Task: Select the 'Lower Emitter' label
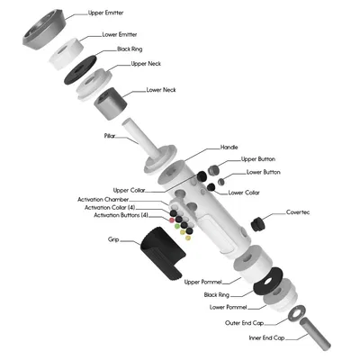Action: coord(120,34)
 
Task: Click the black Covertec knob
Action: coord(262,220)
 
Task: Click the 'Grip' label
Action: coord(113,240)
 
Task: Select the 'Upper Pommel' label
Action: coord(204,282)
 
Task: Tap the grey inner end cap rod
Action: coord(316,329)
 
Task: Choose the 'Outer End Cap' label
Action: coord(245,322)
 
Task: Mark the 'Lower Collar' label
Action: coord(246,192)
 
